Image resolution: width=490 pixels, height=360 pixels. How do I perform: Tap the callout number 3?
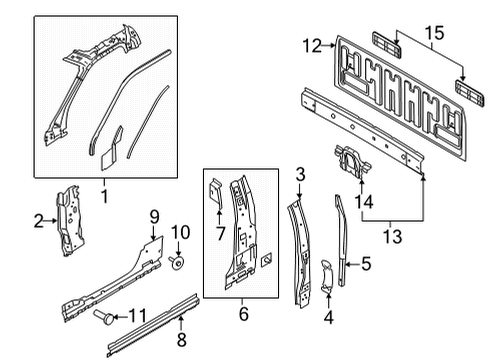[x=298, y=177]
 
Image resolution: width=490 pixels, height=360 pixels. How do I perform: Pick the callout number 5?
[x=366, y=265]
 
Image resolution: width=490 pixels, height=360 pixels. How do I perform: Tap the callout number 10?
[x=181, y=233]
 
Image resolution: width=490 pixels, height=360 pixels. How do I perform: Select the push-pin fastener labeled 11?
[x=102, y=318]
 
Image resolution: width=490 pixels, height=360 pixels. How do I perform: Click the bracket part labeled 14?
[x=349, y=162]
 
